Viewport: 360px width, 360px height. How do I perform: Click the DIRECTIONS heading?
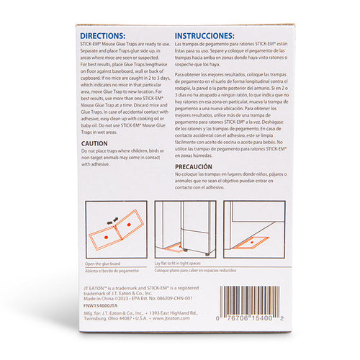(x=102, y=35)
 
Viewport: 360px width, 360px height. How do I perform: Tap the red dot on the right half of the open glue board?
(x=127, y=225)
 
